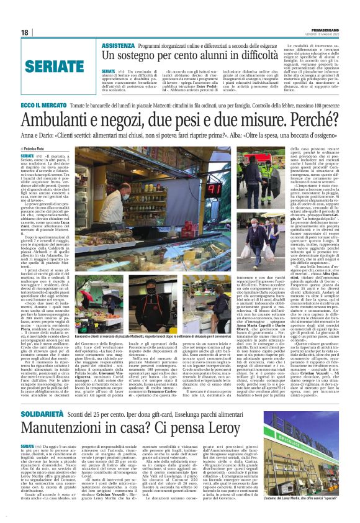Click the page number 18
[x=25, y=32]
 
